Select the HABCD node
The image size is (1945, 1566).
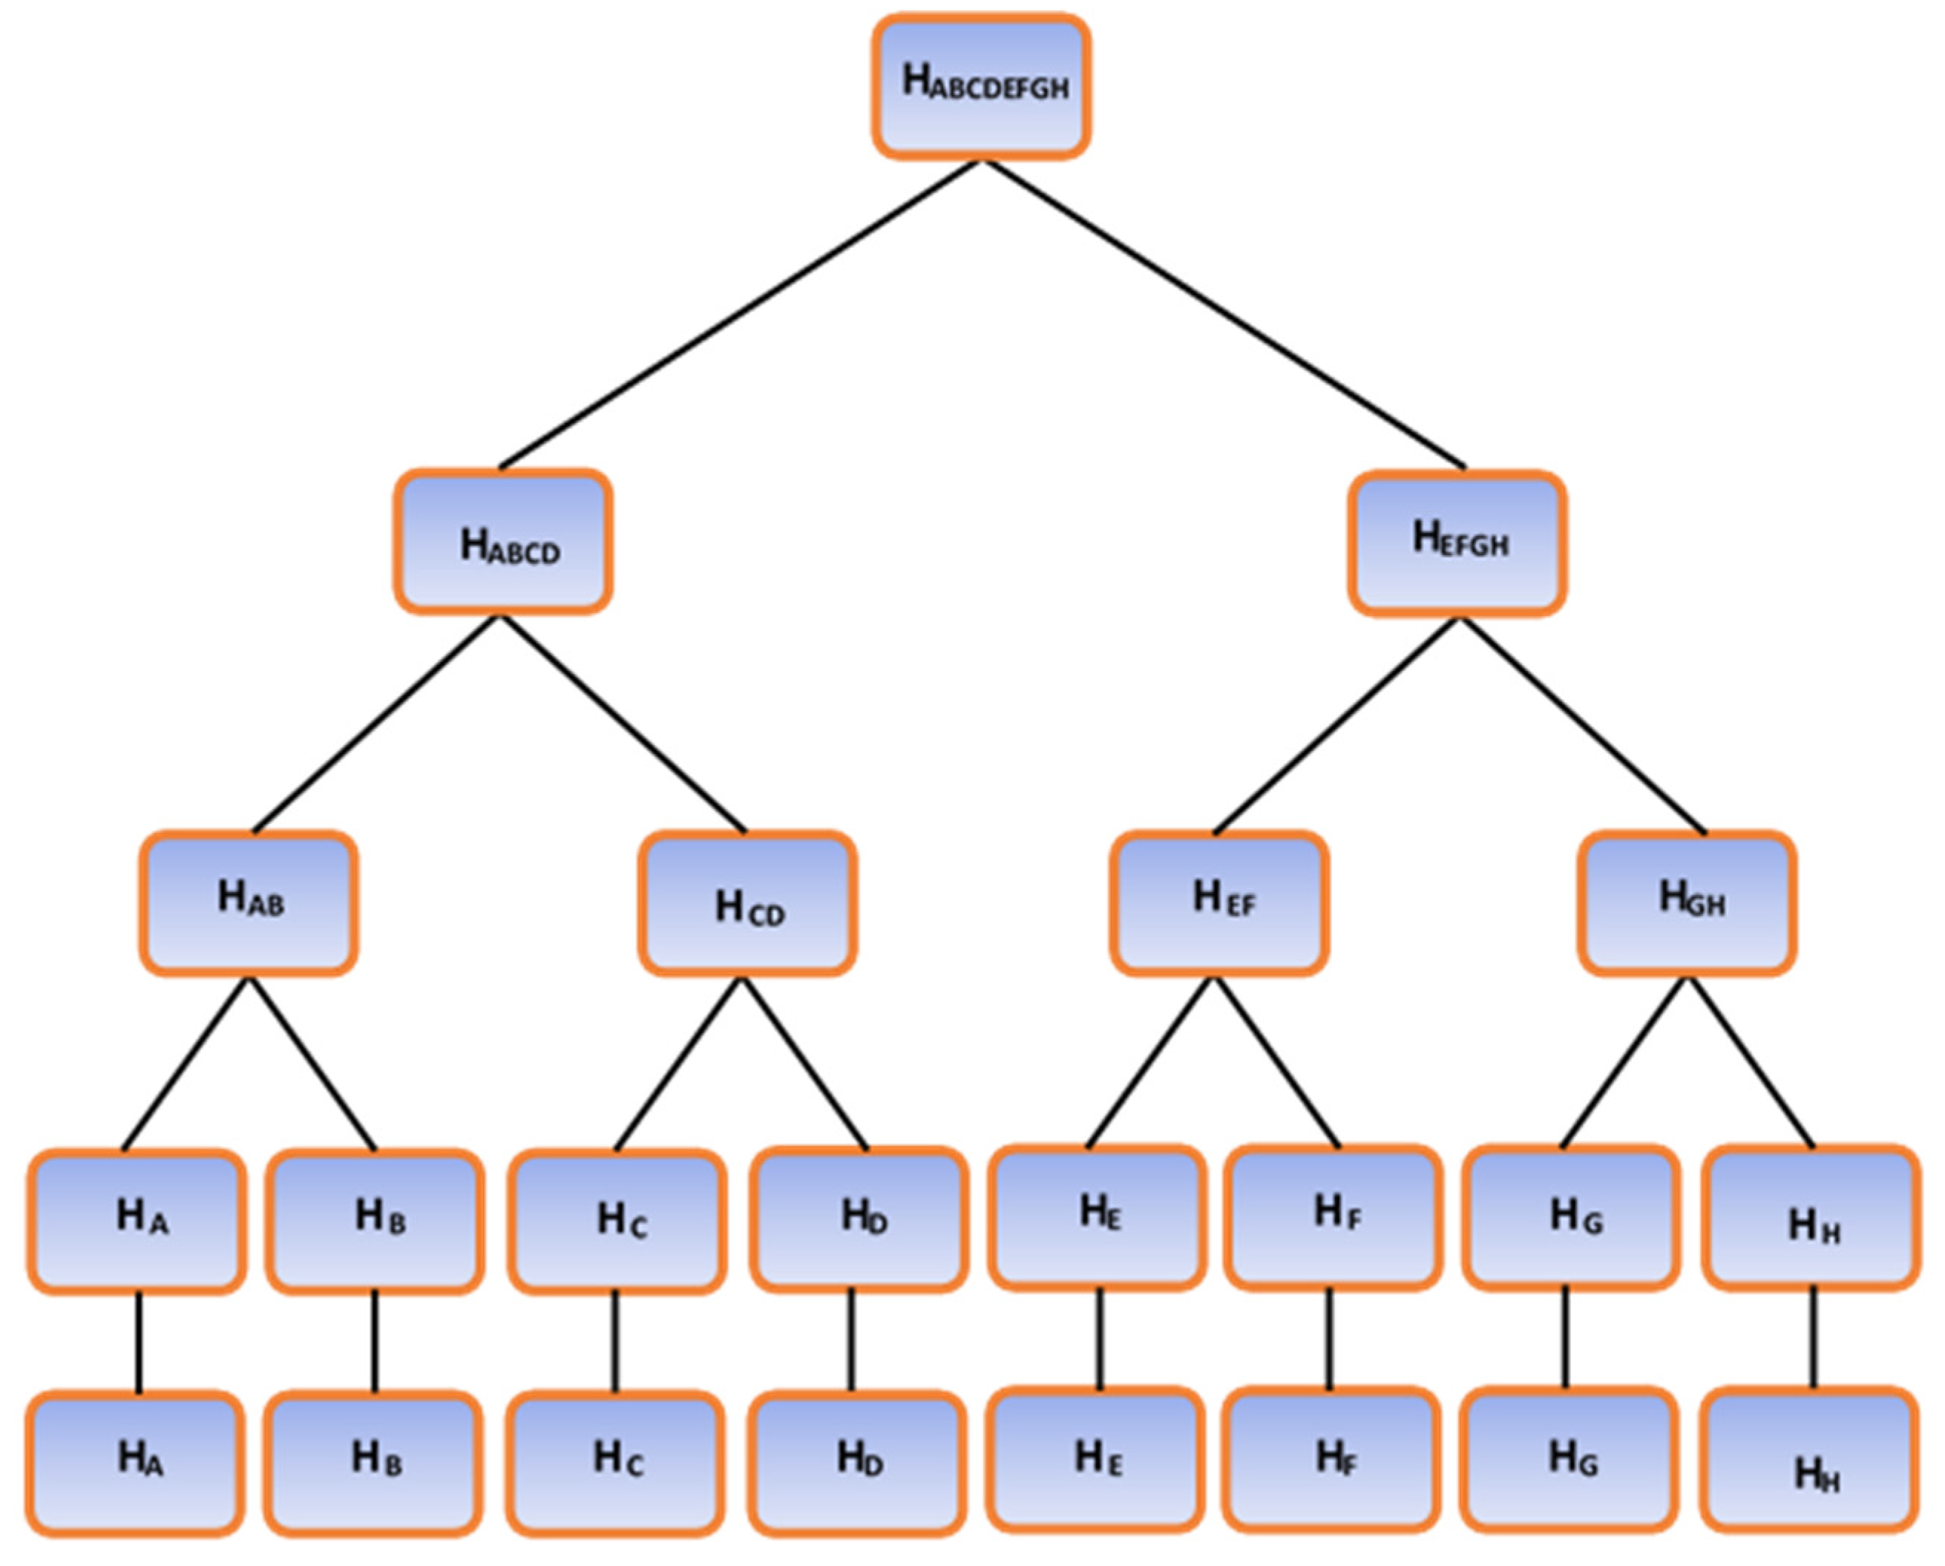click(503, 542)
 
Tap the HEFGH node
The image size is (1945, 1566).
click(1458, 543)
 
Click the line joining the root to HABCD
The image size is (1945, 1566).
click(740, 315)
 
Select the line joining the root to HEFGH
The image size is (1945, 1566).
click(1224, 315)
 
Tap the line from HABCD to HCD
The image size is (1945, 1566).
click(623, 724)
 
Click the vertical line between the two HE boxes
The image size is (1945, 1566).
click(1100, 1339)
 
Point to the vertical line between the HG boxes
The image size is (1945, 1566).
click(1566, 1339)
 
